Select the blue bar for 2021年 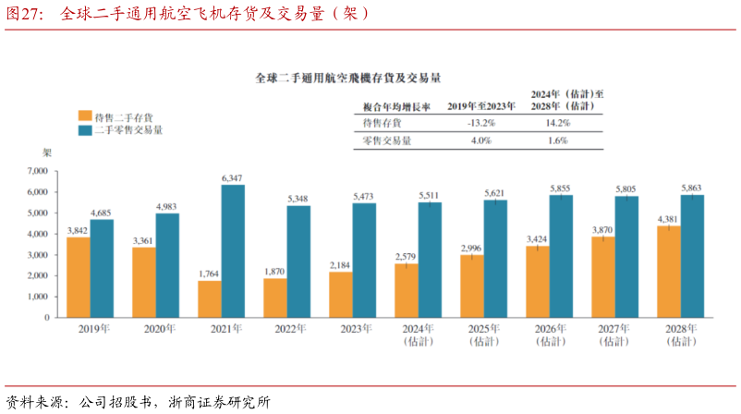(x=233, y=251)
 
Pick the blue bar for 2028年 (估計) (x=692, y=256)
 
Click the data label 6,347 (x=233, y=177)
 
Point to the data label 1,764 (x=209, y=274)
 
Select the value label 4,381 (x=667, y=219)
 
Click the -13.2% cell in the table (x=480, y=123)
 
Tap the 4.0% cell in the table (x=480, y=140)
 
